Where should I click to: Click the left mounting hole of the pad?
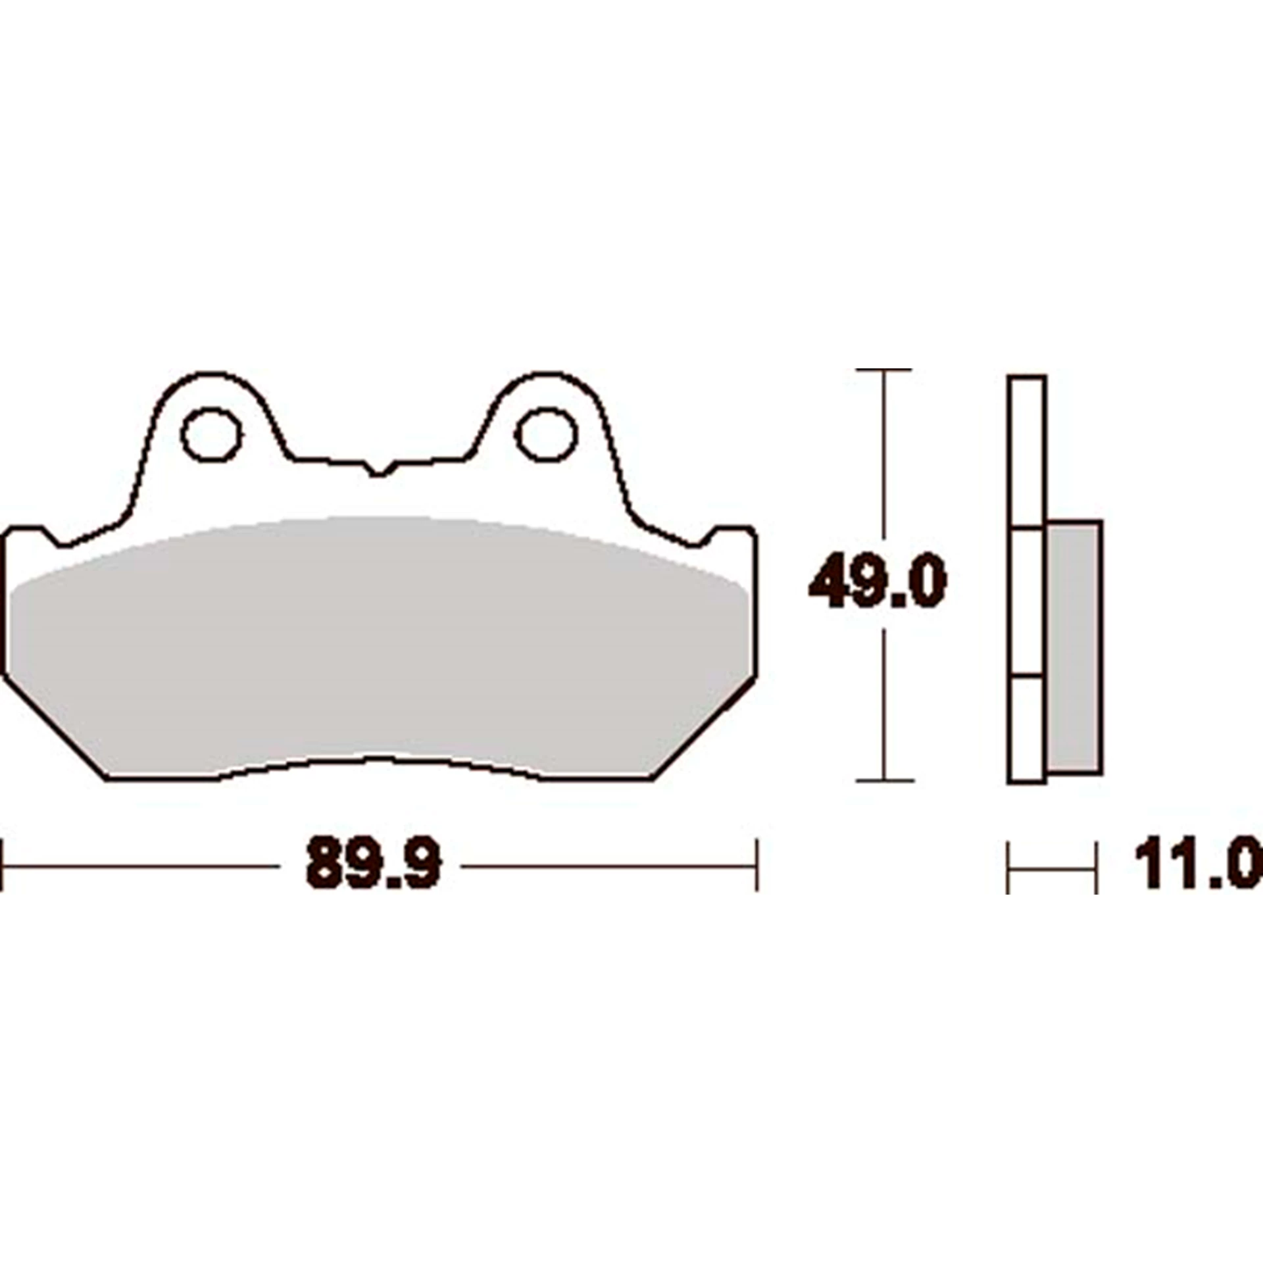click(x=211, y=434)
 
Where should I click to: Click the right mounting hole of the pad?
click(x=546, y=434)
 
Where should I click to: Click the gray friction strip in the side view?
click(x=1073, y=646)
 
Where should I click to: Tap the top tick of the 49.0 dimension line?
click(x=885, y=370)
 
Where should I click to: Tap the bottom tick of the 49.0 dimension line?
click(x=885, y=781)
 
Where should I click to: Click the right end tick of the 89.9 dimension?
click(x=757, y=865)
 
